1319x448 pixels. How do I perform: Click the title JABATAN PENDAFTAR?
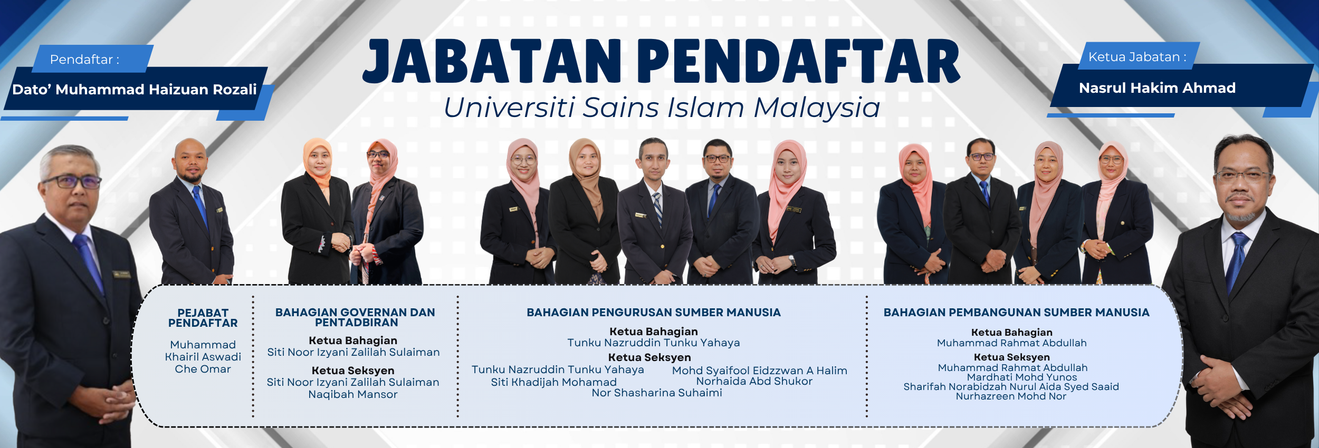point(661,61)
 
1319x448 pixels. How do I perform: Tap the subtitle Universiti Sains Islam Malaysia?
point(662,108)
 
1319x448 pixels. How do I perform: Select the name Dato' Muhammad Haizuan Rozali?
point(135,90)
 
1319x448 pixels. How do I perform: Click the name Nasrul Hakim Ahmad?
point(1157,88)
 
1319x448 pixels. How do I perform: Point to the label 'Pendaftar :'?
point(84,60)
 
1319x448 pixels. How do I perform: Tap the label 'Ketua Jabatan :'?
point(1137,57)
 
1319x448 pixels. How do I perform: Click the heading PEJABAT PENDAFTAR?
point(203,318)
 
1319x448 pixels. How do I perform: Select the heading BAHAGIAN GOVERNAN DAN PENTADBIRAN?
point(356,317)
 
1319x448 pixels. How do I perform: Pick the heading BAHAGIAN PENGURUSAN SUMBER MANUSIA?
point(654,313)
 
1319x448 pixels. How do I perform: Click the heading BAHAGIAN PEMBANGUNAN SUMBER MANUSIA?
point(1016,313)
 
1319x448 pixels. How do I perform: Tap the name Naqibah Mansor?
point(353,394)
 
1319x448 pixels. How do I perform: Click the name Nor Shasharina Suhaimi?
point(657,393)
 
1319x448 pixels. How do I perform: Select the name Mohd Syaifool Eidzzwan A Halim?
point(760,371)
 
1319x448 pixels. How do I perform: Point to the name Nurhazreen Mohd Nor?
point(1011,396)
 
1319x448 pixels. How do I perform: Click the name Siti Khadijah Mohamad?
point(554,382)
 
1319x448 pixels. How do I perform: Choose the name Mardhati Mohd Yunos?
point(1022,377)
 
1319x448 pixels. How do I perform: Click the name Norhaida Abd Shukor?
point(754,381)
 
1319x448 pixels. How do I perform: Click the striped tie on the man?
point(657,207)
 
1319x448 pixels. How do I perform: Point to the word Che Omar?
point(203,369)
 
